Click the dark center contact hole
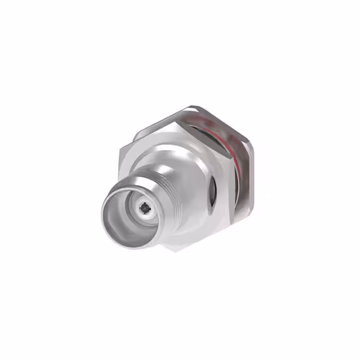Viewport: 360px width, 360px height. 146,209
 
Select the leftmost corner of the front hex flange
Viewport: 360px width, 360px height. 119,155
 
